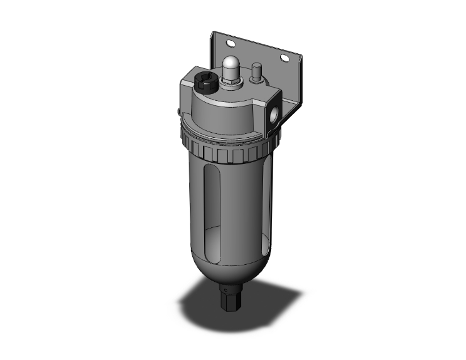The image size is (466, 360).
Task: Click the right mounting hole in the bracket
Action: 285,58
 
